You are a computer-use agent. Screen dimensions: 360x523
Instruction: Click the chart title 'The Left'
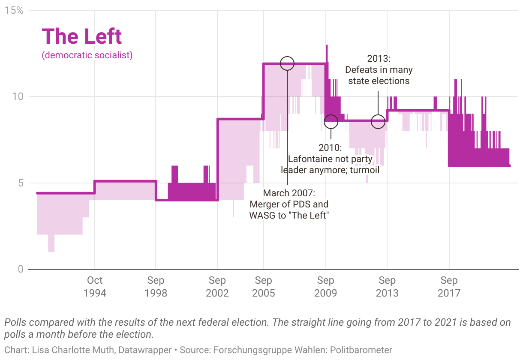(x=82, y=36)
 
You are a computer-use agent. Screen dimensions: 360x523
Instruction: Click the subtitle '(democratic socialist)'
(x=87, y=55)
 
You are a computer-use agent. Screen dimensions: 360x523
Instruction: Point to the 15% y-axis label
(x=14, y=10)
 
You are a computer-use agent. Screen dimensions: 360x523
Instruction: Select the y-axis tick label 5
(x=20, y=183)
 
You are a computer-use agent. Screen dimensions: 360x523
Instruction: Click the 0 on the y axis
(x=20, y=269)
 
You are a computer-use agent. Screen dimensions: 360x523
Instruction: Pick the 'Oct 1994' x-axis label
(x=95, y=286)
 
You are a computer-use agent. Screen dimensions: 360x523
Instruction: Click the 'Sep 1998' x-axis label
(x=156, y=286)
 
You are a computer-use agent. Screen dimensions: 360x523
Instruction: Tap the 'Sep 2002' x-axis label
(x=217, y=286)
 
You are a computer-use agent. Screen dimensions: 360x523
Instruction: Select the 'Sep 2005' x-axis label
(x=264, y=286)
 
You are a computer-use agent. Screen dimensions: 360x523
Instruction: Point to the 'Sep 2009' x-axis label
(x=325, y=286)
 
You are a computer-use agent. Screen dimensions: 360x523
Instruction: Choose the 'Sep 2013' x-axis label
(x=387, y=286)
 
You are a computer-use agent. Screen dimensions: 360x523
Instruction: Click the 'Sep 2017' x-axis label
(x=449, y=286)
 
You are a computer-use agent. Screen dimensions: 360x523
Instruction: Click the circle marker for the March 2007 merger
(x=287, y=63)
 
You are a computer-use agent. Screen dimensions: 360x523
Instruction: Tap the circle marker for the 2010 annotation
(x=331, y=121)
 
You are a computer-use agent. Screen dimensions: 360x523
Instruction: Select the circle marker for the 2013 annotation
(x=378, y=121)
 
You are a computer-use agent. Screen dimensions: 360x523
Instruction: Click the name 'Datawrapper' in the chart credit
(x=146, y=350)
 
